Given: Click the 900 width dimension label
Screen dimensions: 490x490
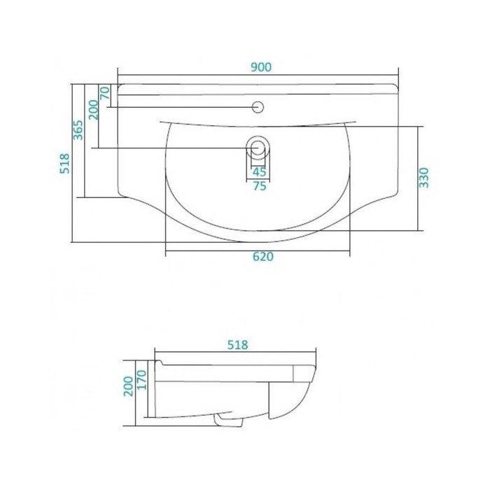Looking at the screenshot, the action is coord(261,67).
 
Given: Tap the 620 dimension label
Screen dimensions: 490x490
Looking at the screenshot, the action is coord(262,257).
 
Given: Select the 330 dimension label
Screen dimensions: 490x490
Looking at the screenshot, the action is coord(423,178).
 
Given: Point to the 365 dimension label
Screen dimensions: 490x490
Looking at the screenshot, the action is coord(78,130).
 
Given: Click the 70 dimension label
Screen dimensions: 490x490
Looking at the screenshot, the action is coord(105,93).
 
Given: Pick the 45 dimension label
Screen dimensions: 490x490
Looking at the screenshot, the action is coord(259,171).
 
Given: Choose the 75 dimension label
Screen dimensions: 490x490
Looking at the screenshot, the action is coord(260,186).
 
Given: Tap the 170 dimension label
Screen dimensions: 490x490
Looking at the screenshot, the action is coord(141,379).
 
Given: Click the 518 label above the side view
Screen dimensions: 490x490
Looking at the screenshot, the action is coord(237,345).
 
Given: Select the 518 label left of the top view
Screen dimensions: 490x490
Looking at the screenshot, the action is coord(65,163).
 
